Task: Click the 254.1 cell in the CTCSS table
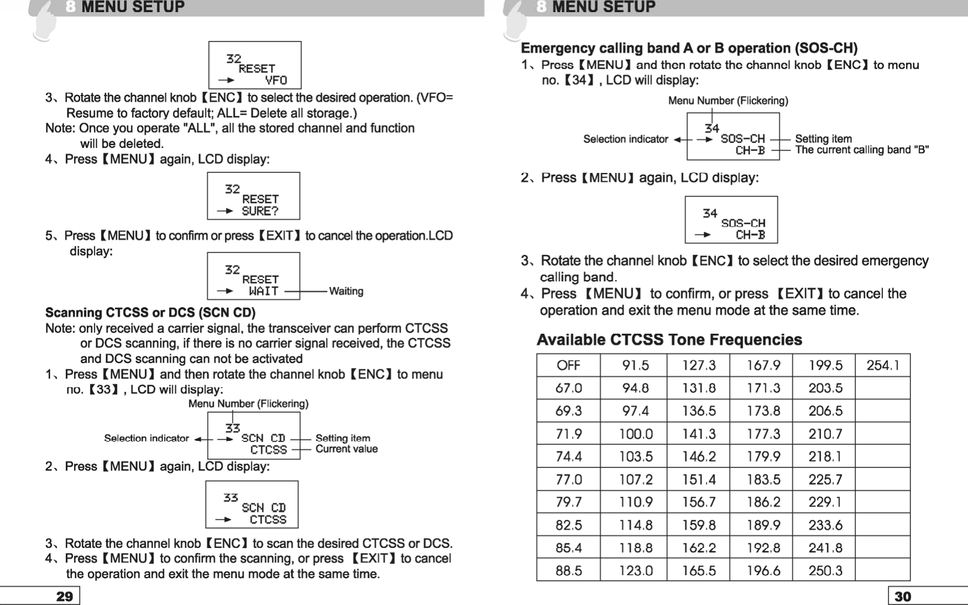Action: click(x=882, y=365)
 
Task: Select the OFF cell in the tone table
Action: click(x=568, y=365)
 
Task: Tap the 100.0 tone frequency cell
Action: click(x=635, y=434)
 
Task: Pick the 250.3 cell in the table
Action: click(x=825, y=571)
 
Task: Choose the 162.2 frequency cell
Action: click(x=698, y=548)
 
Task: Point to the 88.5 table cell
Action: click(x=568, y=571)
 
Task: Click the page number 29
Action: click(x=65, y=597)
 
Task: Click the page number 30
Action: click(x=903, y=597)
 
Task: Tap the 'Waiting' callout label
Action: click(x=346, y=291)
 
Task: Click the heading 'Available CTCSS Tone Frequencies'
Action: click(x=669, y=339)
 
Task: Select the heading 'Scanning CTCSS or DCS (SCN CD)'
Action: click(x=150, y=313)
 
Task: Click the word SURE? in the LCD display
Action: click(x=260, y=211)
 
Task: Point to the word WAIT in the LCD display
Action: click(x=263, y=291)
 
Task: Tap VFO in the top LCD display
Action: click(x=276, y=80)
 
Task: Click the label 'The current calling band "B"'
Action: click(x=861, y=150)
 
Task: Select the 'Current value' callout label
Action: click(x=346, y=449)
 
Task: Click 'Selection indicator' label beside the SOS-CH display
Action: click(x=625, y=139)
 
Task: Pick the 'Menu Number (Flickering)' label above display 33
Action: click(x=248, y=404)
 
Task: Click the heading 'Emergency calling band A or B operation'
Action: click(x=689, y=48)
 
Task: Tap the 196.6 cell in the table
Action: click(x=764, y=571)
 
